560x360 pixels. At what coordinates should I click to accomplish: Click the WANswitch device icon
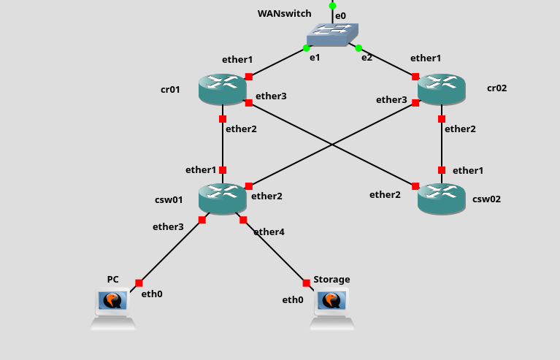tap(333, 34)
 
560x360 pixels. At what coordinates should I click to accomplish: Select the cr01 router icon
tap(222, 89)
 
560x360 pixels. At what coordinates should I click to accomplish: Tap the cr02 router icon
tap(441, 89)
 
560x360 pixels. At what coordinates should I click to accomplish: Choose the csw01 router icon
tap(222, 199)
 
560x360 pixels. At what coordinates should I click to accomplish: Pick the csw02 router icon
tap(441, 199)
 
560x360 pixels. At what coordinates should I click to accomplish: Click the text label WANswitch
tap(284, 14)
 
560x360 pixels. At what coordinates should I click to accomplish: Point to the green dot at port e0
tap(333, 6)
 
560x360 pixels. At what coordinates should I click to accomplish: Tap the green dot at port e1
tap(307, 48)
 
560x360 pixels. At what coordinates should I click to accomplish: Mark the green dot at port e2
tap(358, 48)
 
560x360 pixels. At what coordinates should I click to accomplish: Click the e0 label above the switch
tap(340, 15)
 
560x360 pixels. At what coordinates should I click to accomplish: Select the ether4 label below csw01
tap(269, 231)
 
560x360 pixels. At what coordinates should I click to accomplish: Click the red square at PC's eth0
tap(139, 283)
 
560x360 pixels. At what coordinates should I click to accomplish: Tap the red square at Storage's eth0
tap(307, 283)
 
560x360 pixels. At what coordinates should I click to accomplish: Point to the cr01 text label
tap(170, 89)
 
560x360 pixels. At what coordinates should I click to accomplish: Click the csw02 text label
tap(486, 199)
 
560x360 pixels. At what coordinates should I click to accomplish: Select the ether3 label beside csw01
tap(168, 226)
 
